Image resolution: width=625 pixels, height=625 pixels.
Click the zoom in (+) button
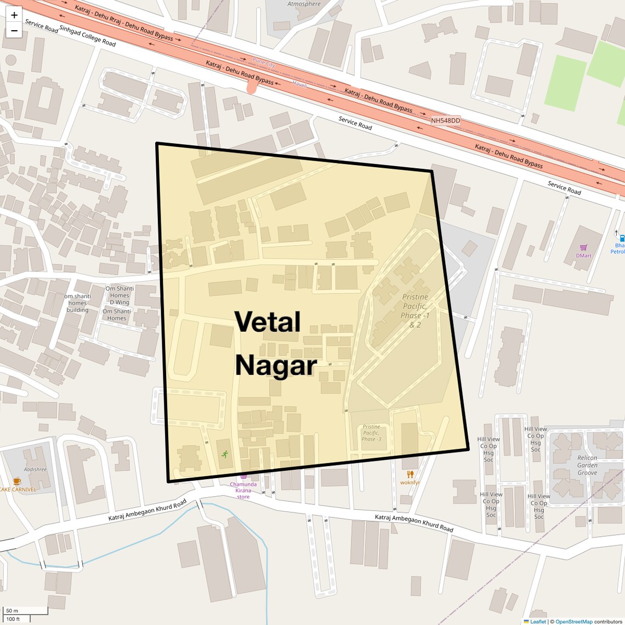point(14,15)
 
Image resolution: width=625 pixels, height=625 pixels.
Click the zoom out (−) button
point(14,31)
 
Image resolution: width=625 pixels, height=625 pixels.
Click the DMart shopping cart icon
point(583,248)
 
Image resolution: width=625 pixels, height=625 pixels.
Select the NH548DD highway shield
point(445,121)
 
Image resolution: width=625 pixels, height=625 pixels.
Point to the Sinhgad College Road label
point(87,36)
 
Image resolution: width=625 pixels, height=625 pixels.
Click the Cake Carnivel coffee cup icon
point(17,481)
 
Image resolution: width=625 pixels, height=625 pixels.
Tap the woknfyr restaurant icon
point(410,474)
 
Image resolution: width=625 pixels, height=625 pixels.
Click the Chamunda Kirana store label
point(243,490)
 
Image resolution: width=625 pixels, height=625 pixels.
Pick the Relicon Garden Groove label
point(587,465)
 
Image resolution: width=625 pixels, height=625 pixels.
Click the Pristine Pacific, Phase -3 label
point(371,433)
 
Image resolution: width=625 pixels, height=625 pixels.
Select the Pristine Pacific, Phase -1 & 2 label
point(415,310)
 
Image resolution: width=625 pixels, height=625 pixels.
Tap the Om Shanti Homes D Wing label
point(120,296)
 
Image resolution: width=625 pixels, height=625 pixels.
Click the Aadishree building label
point(36,469)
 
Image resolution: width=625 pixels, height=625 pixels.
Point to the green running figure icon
point(225,454)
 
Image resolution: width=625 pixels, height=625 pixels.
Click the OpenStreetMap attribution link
point(573,621)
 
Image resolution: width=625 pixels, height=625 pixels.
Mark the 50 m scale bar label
point(12,610)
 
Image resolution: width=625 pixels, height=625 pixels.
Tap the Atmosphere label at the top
point(304,4)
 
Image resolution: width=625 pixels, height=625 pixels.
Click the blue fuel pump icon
point(622,238)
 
